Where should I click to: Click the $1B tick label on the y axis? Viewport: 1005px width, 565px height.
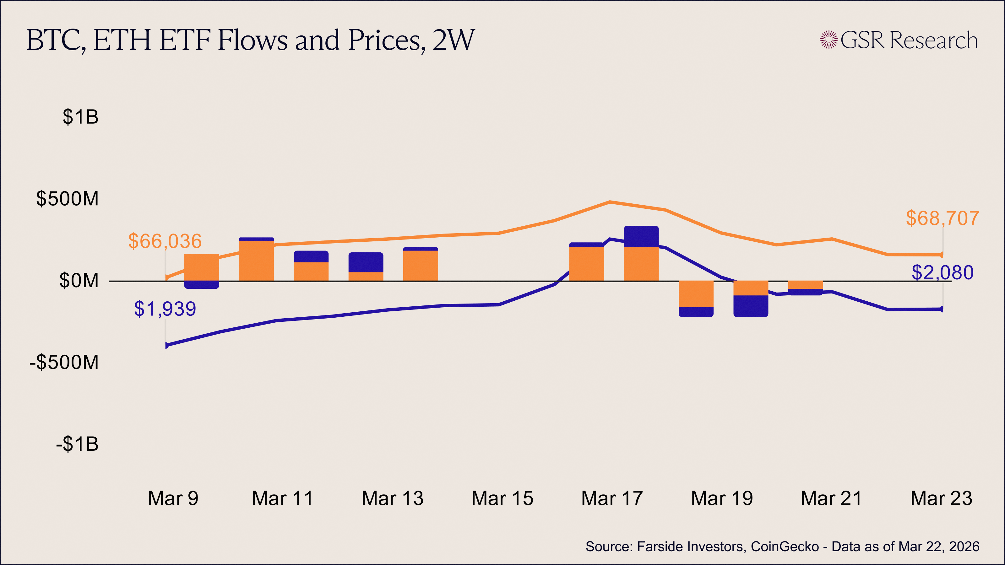[80, 117]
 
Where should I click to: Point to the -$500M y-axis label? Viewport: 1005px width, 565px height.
[64, 363]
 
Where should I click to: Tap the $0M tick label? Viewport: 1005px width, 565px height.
[79, 281]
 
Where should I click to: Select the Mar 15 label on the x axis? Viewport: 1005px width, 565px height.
[502, 498]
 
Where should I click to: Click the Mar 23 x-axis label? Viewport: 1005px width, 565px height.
[942, 498]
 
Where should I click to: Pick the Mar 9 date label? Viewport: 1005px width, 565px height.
[173, 498]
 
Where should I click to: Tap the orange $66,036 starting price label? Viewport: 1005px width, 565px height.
[165, 241]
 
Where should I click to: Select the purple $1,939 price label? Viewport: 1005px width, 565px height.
[165, 309]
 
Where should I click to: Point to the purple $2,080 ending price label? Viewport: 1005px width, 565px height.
[942, 272]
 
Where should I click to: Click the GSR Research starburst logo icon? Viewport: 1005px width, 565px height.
[829, 40]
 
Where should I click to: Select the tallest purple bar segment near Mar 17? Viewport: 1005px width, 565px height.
[641, 237]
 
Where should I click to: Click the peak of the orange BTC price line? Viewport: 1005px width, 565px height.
[610, 202]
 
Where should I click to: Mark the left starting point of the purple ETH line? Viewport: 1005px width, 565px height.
[166, 345]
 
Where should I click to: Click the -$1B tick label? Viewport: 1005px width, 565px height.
[77, 444]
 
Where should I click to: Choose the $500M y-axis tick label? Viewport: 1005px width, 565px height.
[68, 199]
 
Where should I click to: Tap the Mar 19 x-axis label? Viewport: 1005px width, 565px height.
[722, 498]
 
